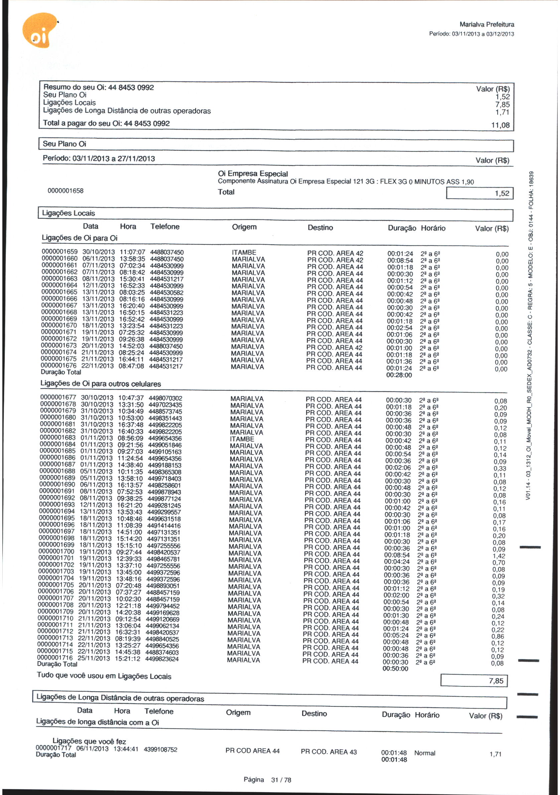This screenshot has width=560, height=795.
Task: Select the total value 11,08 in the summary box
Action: pos(500,125)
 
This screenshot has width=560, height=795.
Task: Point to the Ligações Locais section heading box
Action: pos(275,214)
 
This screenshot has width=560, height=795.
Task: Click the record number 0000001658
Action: pos(65,191)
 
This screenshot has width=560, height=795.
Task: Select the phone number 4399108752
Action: pos(160,750)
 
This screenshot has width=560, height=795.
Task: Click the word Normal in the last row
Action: pos(424,753)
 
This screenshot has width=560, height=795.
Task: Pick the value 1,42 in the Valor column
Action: pos(499,556)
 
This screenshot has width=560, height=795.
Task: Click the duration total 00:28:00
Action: pos(399,375)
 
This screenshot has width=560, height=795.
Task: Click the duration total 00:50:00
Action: pos(395,669)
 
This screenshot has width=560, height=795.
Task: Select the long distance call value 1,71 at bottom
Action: pos(495,754)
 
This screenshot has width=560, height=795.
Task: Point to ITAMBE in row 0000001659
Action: pos(244,253)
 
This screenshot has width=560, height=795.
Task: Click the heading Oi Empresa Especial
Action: pos(253,174)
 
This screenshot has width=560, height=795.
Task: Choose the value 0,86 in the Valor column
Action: pos(498,636)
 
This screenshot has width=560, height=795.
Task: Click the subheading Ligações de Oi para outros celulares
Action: pos(101,384)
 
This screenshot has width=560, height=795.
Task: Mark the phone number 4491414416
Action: pos(164,526)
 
